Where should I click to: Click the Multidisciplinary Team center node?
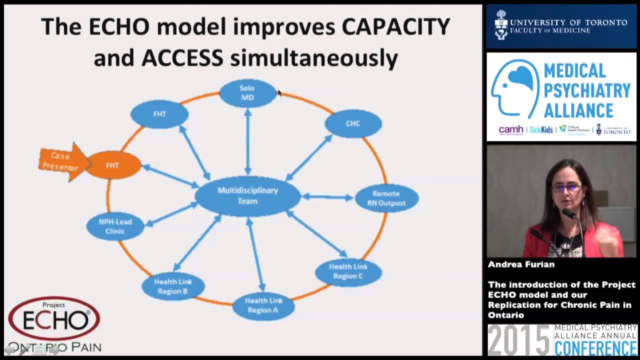coord(247,196)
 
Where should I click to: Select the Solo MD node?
coord(247,93)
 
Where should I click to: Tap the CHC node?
coord(353,123)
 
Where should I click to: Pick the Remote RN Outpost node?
coord(386,198)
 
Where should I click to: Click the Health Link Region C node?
coord(348,271)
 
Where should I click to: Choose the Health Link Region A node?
coord(263,305)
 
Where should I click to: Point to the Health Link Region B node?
coord(173,286)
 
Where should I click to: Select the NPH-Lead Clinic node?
coord(115,226)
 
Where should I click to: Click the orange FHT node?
coord(113,165)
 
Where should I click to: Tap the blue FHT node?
coord(159,114)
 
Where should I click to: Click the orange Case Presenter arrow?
coord(63,161)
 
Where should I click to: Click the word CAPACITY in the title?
coord(395,27)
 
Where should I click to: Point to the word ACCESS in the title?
coord(182,58)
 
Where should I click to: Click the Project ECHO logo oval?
coord(54,318)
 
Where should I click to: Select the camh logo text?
coord(510,129)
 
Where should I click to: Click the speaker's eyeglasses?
coord(566,188)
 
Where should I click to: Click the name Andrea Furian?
coord(521,264)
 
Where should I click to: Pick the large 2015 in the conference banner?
coord(518,341)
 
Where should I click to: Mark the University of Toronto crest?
coord(501,24)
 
